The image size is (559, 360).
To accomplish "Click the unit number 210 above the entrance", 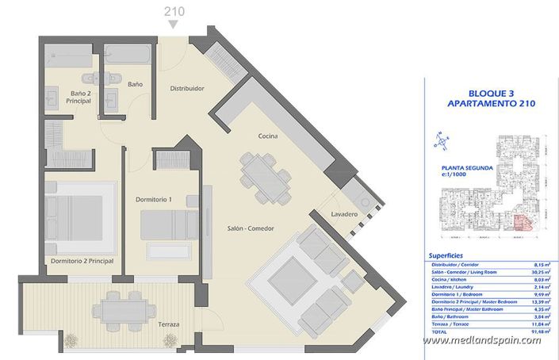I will coord(174,10).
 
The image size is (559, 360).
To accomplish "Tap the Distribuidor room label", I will coord(188,89).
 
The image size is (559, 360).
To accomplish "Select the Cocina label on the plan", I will coord(267,136).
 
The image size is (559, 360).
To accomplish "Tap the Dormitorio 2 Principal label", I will coord(82,261).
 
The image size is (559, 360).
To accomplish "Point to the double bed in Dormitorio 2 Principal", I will coord(73,216).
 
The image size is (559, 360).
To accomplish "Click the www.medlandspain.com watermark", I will coord(481,341).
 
